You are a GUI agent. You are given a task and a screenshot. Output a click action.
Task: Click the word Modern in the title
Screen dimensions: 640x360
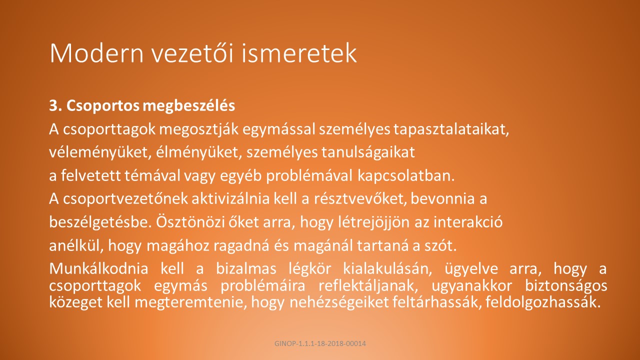point(96,53)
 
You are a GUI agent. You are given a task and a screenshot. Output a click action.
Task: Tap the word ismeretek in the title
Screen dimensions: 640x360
point(299,53)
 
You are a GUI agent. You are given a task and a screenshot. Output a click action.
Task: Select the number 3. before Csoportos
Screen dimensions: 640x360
point(55,105)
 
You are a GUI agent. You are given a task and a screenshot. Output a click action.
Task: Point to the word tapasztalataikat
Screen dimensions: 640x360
point(451,129)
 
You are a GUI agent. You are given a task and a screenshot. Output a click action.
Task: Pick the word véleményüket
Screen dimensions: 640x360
point(100,152)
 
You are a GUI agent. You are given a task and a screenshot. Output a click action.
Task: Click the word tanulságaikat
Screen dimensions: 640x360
point(368,152)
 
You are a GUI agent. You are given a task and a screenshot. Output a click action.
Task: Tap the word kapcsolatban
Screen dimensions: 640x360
point(406,176)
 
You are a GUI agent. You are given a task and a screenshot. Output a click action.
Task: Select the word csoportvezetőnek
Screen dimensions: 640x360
point(125,199)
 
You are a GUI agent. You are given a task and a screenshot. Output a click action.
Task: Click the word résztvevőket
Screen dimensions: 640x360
point(360,199)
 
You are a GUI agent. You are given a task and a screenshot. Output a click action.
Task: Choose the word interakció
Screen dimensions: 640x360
point(468,222)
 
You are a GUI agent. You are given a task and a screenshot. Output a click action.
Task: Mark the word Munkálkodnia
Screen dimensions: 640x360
point(99,269)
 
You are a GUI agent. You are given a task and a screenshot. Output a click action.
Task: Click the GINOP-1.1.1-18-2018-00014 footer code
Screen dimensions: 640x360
point(320,343)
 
